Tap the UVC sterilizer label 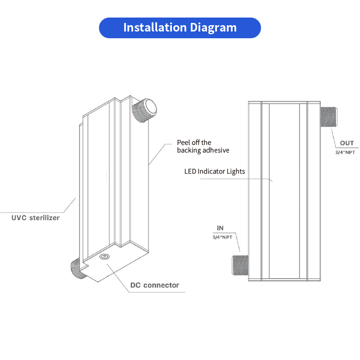point(36,218)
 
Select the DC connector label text point(154,285)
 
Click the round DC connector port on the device point(104,257)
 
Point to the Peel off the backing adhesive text point(203,146)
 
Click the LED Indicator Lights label point(214,171)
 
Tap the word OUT point(346,143)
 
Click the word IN point(220,228)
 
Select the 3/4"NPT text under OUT point(345,153)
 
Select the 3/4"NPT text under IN point(222,237)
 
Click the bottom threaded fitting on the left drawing point(77,268)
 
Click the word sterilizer point(44,218)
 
